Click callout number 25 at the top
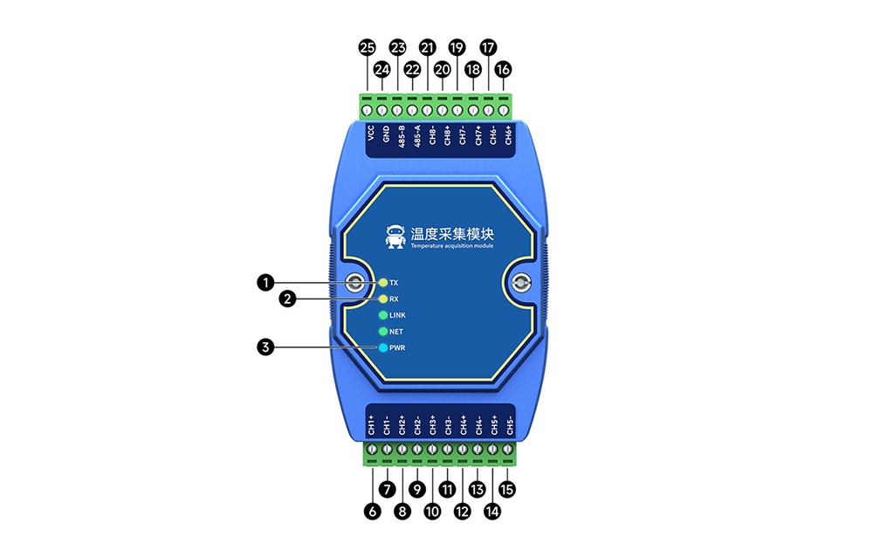pos(368,46)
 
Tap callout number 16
pos(504,68)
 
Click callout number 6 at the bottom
pos(373,512)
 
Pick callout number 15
pos(506,491)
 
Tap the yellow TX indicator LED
pos(383,283)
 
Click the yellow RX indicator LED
pos(383,299)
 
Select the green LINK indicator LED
pos(383,315)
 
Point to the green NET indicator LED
pos(383,332)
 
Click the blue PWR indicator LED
pos(383,348)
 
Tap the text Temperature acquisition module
pos(452,249)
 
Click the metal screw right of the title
pos(520,283)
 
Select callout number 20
pos(443,68)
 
